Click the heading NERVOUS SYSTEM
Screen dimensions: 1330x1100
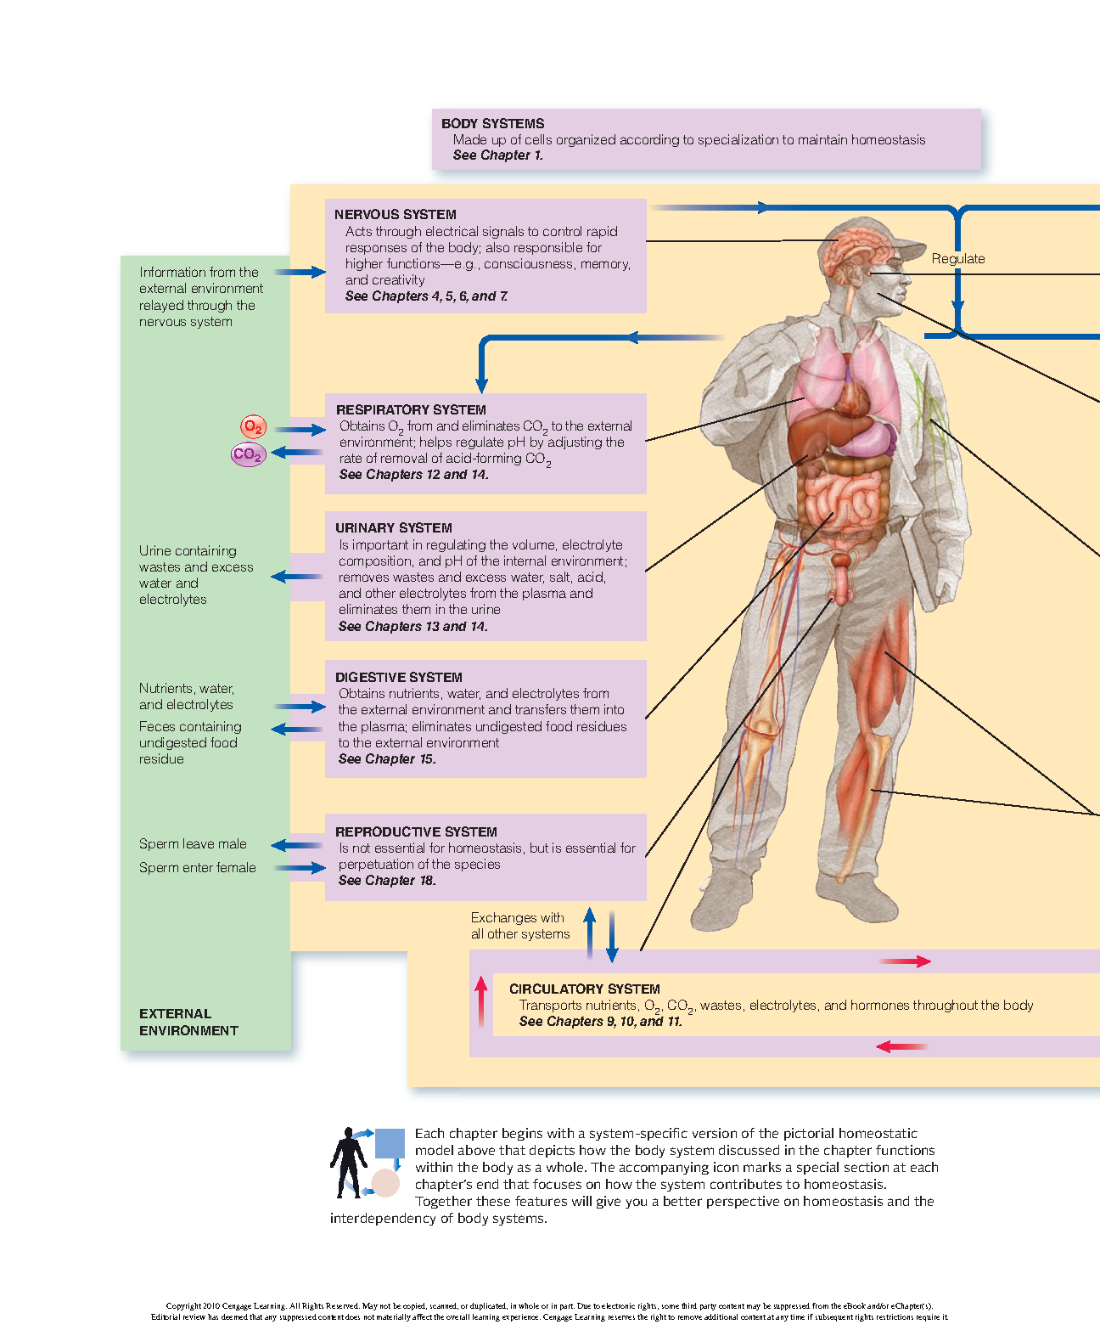[x=395, y=215]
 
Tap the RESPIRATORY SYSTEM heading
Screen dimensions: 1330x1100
[x=411, y=410]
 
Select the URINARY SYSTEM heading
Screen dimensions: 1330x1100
[x=393, y=528]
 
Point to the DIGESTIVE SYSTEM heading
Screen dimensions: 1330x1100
[x=398, y=678]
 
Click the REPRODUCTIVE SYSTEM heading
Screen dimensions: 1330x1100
[x=416, y=832]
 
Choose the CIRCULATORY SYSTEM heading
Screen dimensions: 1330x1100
[x=584, y=989]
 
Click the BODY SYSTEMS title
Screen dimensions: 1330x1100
[x=492, y=124]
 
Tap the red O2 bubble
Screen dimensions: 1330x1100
[x=253, y=426]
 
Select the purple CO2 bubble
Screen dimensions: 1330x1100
[x=248, y=454]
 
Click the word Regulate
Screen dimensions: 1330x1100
[x=958, y=259]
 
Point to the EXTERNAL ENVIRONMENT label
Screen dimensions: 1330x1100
[x=188, y=1023]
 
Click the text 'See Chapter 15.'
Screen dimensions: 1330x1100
[x=387, y=759]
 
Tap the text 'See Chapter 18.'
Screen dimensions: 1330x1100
[x=387, y=881]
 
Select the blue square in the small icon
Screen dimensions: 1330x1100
[x=390, y=1143]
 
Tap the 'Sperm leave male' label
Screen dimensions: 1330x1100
[x=193, y=844]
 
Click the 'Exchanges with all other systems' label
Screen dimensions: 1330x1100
[x=519, y=926]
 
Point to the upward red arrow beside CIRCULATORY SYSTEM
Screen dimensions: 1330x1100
[x=481, y=1000]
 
